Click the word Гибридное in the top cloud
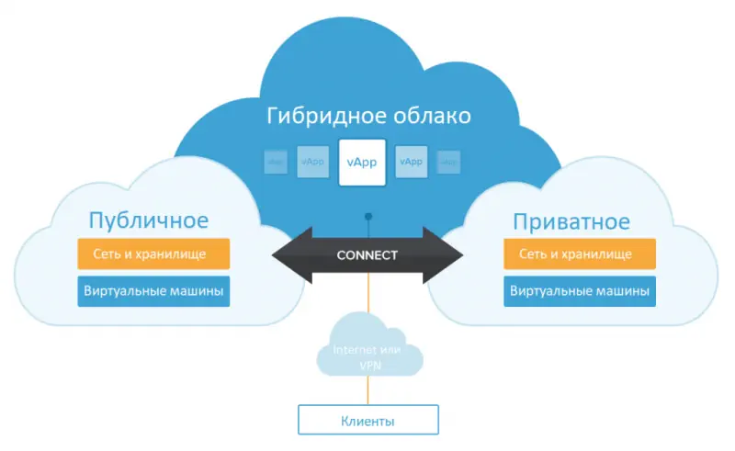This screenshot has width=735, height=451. [319, 117]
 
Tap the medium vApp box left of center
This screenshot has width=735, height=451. [312, 162]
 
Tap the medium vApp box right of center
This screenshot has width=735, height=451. [411, 162]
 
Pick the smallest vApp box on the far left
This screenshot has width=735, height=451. [275, 162]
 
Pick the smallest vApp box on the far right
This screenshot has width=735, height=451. [448, 162]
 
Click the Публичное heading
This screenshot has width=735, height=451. [148, 220]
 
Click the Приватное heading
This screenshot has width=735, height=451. [571, 221]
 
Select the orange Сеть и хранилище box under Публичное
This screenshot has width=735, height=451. [153, 254]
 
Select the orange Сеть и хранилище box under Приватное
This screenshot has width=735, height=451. [580, 254]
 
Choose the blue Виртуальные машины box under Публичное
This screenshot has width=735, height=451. [153, 291]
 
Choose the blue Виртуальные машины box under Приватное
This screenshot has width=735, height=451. [580, 291]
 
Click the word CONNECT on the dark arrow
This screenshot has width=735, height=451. [367, 254]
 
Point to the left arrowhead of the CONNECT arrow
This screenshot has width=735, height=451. [289, 254]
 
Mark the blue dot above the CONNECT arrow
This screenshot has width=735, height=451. [368, 218]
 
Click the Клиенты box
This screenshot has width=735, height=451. [368, 422]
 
